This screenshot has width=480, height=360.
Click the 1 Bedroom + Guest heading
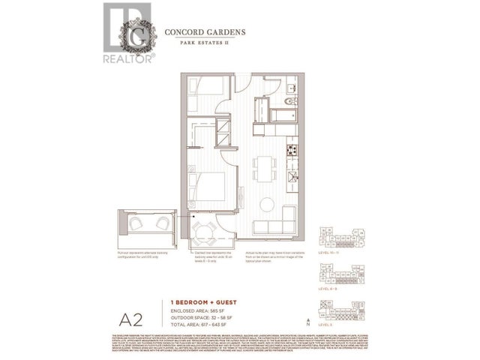(x=199, y=301)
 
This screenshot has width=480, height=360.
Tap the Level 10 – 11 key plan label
(x=334, y=253)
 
